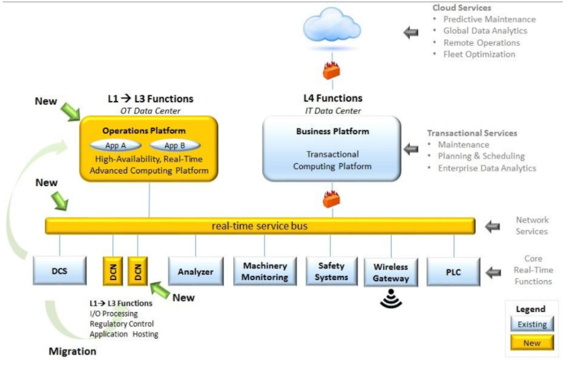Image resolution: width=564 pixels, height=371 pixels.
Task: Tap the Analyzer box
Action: [196, 272]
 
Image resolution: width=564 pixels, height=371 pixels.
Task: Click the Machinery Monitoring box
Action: [265, 271]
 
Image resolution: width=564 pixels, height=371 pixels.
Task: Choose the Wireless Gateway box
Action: [391, 272]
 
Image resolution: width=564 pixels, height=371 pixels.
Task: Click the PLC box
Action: [453, 272]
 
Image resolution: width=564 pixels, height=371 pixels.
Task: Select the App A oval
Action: [116, 145]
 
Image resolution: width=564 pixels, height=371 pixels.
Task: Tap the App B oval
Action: [175, 145]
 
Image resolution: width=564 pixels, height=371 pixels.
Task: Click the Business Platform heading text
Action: [332, 132]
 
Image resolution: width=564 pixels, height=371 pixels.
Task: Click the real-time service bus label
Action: [260, 226]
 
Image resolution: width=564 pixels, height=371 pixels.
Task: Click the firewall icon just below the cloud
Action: [331, 71]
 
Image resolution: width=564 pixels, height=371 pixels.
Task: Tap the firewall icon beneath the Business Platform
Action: [331, 199]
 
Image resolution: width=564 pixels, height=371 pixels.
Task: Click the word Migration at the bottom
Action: [73, 351]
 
